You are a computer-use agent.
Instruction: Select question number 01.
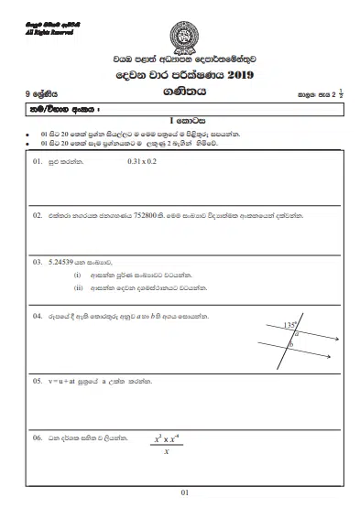[38, 162]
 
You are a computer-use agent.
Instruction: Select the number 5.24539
[65, 261]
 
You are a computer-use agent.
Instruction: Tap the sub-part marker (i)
[78, 274]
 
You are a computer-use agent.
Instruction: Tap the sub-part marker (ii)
[79, 286]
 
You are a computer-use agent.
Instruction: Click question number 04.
[38, 316]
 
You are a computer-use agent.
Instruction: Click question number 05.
[38, 380]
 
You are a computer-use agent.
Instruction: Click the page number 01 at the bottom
[184, 494]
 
